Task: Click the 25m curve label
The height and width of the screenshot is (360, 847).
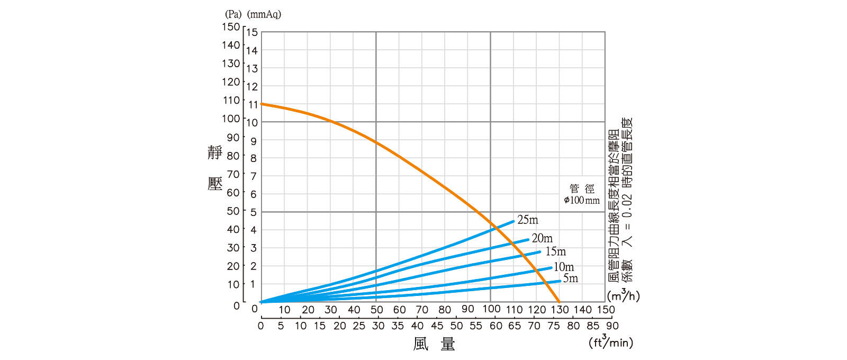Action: [528, 220]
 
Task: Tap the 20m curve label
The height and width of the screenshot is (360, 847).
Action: [542, 238]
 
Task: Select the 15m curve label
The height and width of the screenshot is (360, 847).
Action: [555, 251]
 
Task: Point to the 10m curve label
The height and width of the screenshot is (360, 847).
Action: [564, 267]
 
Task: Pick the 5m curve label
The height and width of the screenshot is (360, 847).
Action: [570, 278]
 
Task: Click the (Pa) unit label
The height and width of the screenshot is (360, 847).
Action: [233, 14]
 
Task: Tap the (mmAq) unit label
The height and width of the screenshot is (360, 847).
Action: [264, 14]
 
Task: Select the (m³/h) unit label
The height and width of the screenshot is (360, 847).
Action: [623, 295]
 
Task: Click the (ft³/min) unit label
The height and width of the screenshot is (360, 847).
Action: [610, 343]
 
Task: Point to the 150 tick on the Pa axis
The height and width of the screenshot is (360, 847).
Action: [231, 26]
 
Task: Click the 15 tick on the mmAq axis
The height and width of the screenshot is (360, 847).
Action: [252, 32]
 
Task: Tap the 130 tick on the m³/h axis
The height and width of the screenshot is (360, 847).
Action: [560, 309]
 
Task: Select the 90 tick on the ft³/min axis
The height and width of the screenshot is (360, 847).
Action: [612, 326]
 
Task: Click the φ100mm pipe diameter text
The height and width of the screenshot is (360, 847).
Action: [582, 200]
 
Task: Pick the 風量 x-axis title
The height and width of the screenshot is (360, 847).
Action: [434, 344]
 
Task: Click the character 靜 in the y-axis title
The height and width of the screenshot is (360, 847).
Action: [215, 153]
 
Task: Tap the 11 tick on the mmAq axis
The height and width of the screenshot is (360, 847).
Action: [253, 105]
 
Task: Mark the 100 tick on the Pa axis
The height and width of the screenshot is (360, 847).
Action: [231, 118]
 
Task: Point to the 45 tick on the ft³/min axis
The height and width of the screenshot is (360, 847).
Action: [437, 326]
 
